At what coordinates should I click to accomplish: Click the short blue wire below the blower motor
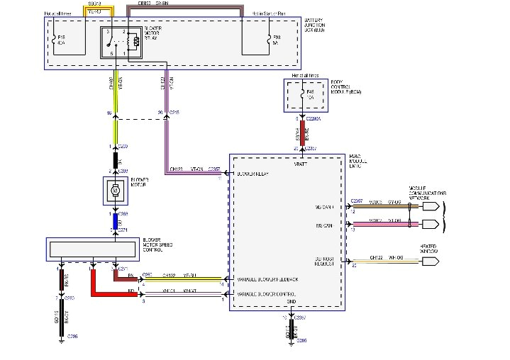click(x=114, y=221)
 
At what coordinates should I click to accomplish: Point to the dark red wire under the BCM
click(x=303, y=134)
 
